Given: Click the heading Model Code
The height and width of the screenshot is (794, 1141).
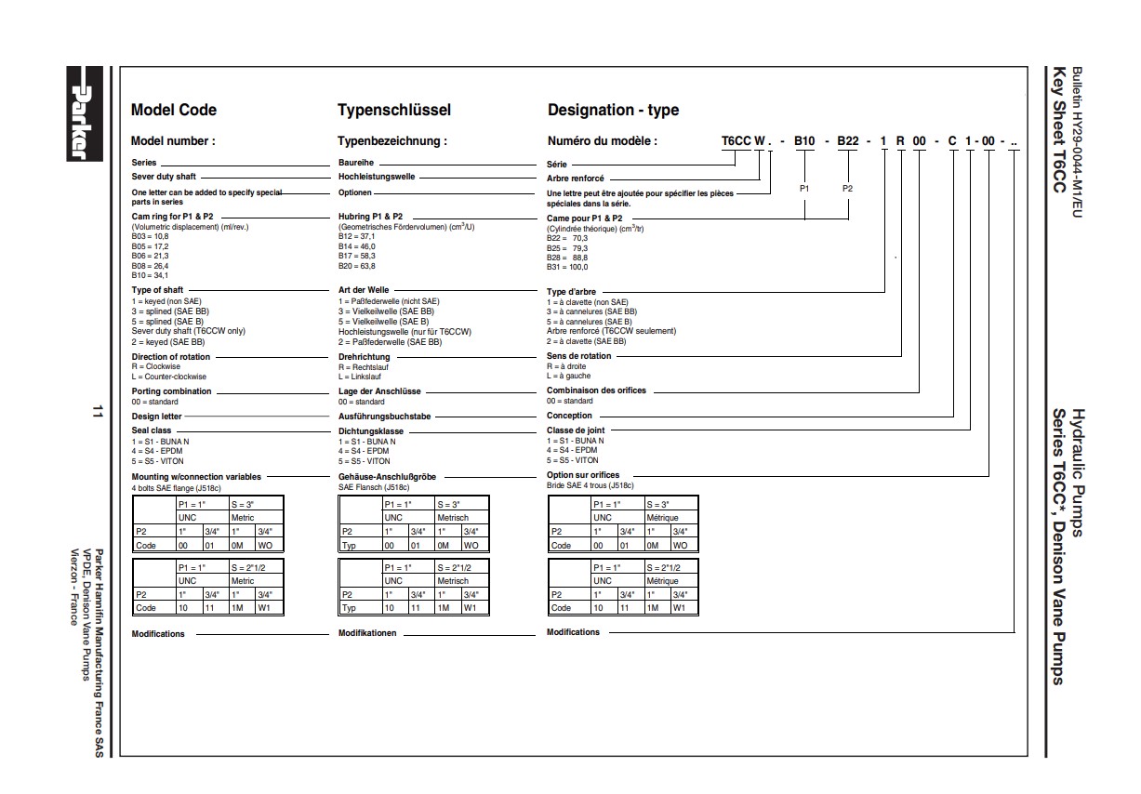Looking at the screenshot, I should coord(173,110).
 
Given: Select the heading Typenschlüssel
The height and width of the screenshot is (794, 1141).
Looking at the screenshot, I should coord(393,110).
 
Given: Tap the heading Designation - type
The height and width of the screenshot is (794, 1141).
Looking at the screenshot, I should coord(613,110).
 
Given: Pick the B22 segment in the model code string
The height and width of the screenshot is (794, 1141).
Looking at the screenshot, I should coord(848,141).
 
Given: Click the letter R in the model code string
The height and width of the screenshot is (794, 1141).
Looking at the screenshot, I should coord(900,141).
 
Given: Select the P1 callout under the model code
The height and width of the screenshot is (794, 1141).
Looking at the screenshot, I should coord(805,189).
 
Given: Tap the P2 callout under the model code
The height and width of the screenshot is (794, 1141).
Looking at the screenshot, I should coord(848,189).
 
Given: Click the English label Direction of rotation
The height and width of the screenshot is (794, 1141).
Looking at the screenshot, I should coord(171,357).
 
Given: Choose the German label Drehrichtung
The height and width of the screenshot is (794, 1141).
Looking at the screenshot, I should coord(364,357).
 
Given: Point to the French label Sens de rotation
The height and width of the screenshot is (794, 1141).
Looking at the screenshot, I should coord(578,356).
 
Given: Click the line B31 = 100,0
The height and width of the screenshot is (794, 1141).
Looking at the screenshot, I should coord(567,268).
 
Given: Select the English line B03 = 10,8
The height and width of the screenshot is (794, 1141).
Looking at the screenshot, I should coord(150,237).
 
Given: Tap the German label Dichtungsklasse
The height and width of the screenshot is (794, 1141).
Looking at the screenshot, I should coord(371,431).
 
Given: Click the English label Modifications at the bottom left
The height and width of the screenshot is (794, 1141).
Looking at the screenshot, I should coord(158,634).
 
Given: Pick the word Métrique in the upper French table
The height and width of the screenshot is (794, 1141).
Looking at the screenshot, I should coord(663,517).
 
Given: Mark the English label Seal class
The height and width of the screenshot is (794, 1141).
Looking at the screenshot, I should coord(152,431).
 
